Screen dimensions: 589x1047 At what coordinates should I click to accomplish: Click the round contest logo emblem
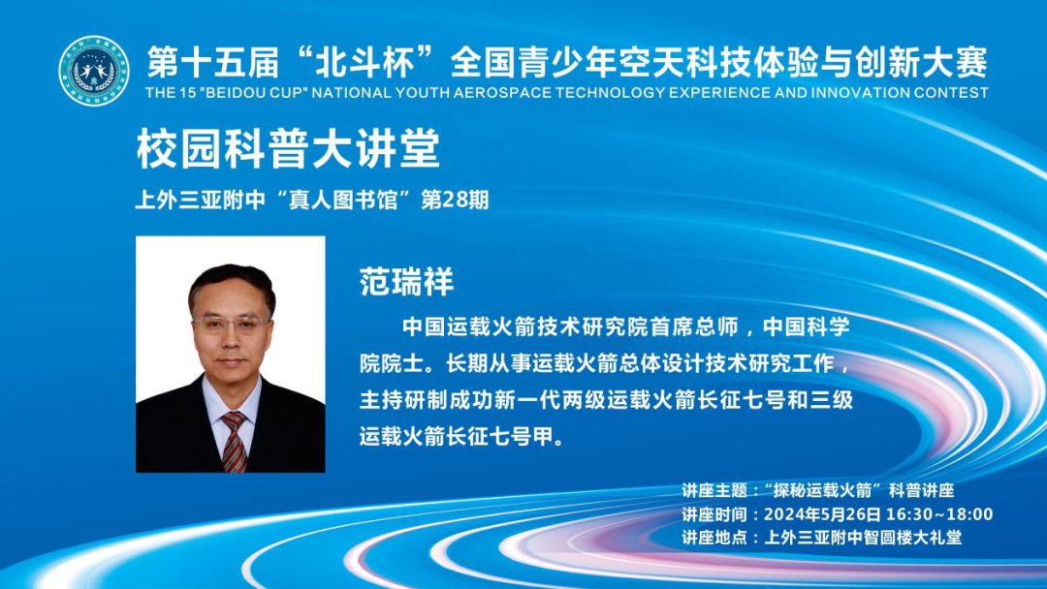[93, 71]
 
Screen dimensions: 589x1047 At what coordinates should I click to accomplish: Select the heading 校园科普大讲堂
[288, 149]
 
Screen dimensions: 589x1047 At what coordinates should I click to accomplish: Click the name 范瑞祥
[407, 282]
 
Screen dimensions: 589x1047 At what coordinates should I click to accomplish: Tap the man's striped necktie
[234, 441]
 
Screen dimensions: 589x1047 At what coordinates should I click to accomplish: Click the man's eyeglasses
[231, 325]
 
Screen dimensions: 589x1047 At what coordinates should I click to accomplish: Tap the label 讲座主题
[715, 491]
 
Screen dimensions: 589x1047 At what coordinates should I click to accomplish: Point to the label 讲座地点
[715, 538]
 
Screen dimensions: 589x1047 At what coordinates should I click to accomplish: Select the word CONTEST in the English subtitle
[954, 93]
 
